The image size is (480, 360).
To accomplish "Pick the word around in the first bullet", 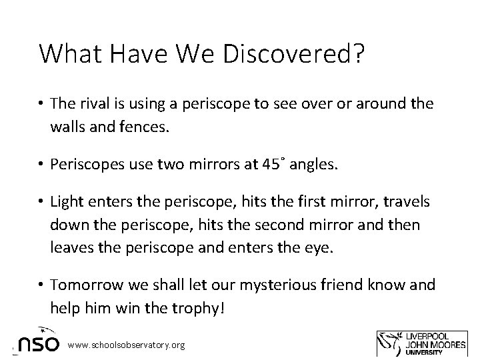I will pyautogui.click(x=374, y=103).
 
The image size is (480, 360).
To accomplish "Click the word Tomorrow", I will pyautogui.click(x=85, y=285).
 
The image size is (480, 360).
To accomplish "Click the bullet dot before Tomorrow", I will pyautogui.click(x=40, y=285).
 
